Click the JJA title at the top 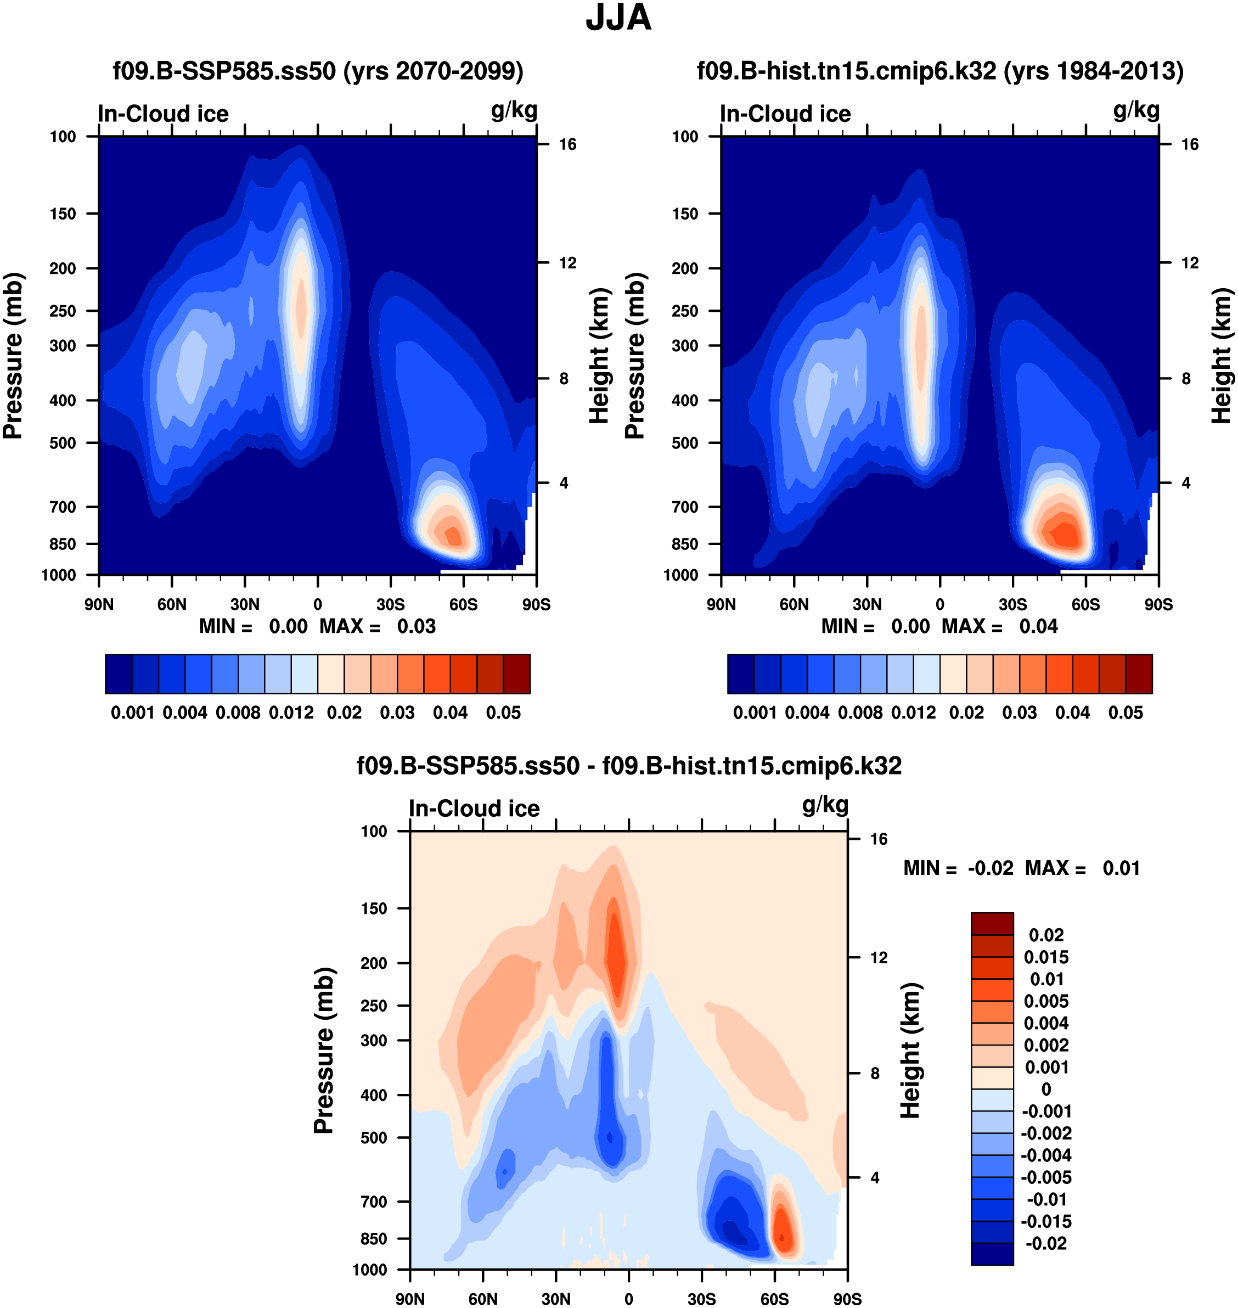click(618, 18)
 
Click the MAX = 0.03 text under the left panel click(378, 626)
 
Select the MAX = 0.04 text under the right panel click(999, 626)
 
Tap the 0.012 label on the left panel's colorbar click(291, 713)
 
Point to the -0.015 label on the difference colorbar click(1045, 1221)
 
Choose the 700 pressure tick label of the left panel click(63, 507)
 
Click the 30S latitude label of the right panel click(1012, 604)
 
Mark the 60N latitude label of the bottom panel click(483, 1299)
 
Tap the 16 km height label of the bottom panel click(879, 839)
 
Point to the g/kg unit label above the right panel click(1136, 110)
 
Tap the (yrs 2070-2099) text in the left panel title click(433, 71)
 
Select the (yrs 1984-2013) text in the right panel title click(1094, 71)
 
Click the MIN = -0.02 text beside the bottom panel click(958, 868)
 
